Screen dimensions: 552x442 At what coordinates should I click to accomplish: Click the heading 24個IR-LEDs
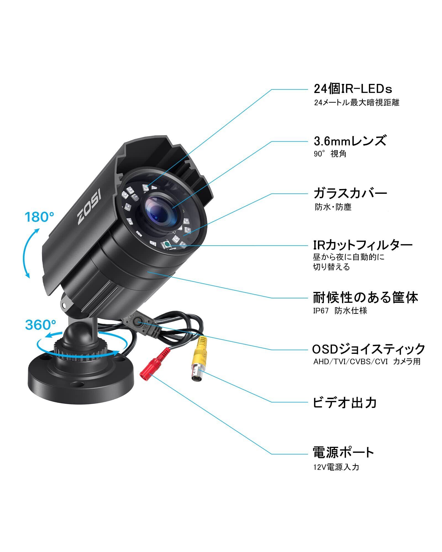pyautogui.click(x=353, y=89)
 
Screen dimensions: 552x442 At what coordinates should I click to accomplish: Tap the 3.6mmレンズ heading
pyautogui.click(x=350, y=141)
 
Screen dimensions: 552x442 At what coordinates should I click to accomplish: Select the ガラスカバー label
pyautogui.click(x=350, y=193)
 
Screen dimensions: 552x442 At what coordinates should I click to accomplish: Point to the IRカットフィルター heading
pyautogui.click(x=363, y=245)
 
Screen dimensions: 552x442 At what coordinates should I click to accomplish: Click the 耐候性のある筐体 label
pyautogui.click(x=365, y=298)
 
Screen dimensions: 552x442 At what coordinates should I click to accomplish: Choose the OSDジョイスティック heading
pyautogui.click(x=369, y=349)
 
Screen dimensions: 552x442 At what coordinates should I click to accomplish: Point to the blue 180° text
pyautogui.click(x=40, y=217)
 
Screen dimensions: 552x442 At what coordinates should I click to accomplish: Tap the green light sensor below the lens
pyautogui.click(x=167, y=244)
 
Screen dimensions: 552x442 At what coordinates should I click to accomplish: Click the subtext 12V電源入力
pyautogui.click(x=336, y=467)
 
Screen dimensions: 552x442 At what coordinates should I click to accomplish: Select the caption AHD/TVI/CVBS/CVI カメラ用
pyautogui.click(x=367, y=362)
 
